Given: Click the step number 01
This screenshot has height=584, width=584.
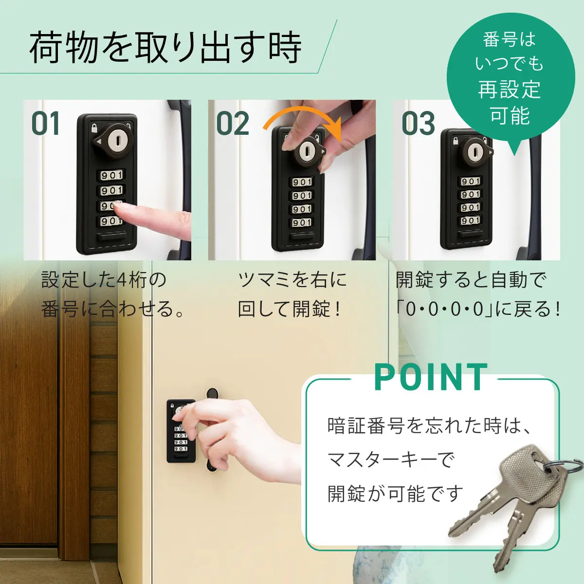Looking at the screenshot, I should [x=46, y=124].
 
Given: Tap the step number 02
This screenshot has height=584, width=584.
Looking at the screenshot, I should [x=233, y=124].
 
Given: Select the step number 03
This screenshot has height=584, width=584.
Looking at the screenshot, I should [x=418, y=124].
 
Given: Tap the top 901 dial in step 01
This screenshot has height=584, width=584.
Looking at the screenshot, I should [x=112, y=175].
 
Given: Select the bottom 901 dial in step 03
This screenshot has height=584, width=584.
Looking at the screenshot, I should [x=471, y=220].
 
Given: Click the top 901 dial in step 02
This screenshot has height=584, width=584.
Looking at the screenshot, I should [x=302, y=182].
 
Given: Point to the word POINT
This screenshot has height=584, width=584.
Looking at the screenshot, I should [x=431, y=378].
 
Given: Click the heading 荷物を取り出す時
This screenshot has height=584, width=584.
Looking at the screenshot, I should [x=165, y=48].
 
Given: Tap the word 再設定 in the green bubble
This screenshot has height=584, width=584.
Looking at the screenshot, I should [x=509, y=90].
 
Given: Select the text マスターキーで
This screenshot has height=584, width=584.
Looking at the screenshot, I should [x=391, y=459].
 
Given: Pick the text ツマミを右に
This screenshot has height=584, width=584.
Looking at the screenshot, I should [x=292, y=280].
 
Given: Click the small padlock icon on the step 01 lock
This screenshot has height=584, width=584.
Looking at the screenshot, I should [x=94, y=128].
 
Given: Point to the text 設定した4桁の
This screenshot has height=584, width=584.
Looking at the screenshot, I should [x=104, y=280].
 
